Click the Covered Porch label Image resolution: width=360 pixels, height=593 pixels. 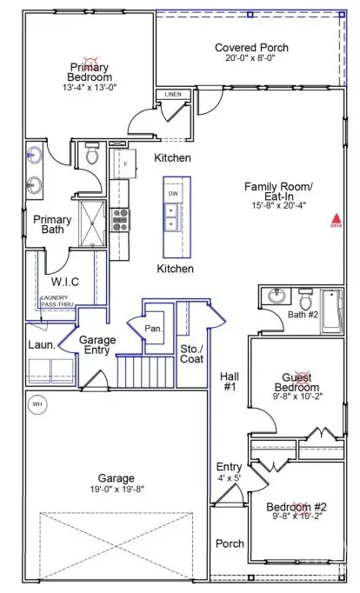coord(251,47)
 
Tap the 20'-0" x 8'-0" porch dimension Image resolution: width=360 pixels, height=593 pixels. coord(251,59)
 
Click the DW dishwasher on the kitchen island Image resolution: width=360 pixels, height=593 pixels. coord(174,193)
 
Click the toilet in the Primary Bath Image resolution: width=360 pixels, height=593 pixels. coord(92,156)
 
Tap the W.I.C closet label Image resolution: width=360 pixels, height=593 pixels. coord(65,282)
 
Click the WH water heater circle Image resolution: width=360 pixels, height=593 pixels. coord(37,403)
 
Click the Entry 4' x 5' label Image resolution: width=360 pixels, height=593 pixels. coord(229,472)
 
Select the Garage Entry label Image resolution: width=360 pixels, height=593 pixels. coord(97,346)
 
